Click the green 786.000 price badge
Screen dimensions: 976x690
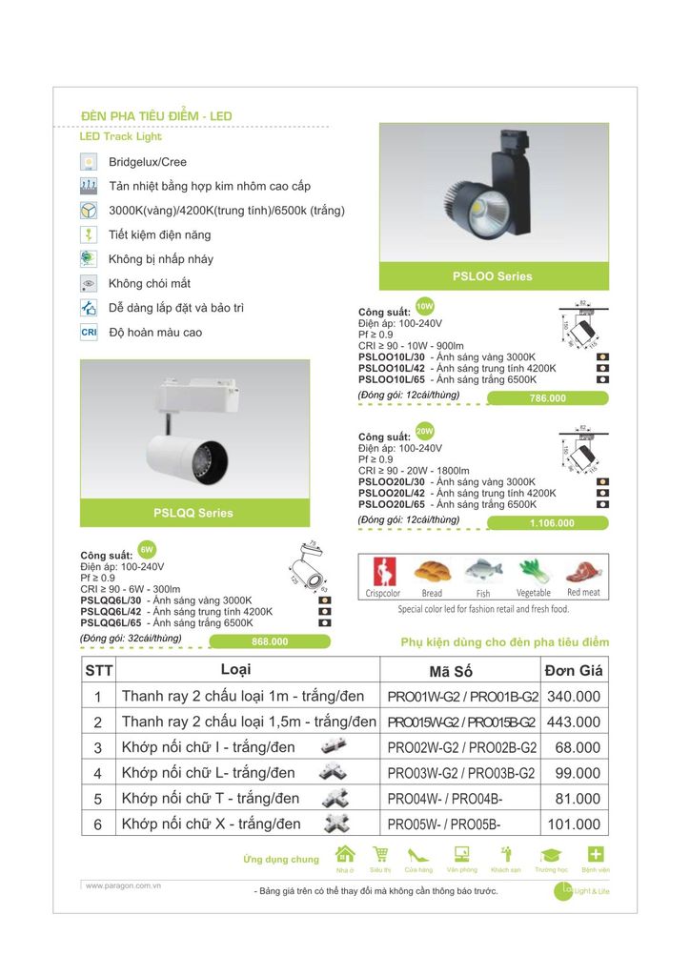(547, 398)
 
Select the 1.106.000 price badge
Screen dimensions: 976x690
(552, 523)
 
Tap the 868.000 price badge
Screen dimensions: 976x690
(270, 641)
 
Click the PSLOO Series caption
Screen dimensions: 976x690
(493, 276)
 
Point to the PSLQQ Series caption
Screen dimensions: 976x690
(193, 513)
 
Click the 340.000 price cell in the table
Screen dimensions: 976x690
(574, 697)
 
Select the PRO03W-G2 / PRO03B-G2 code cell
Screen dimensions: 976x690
(462, 773)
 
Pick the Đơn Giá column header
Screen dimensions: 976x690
(574, 669)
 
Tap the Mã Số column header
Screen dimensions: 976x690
(460, 670)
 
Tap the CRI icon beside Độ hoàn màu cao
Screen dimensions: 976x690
(90, 333)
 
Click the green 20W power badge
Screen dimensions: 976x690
(425, 432)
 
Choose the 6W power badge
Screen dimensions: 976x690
(147, 551)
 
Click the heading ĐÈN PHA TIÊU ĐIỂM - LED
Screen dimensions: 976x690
(156, 116)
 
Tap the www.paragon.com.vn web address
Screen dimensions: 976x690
(123, 885)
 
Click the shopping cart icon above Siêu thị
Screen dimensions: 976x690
(380, 854)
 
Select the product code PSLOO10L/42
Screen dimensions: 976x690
(392, 367)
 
